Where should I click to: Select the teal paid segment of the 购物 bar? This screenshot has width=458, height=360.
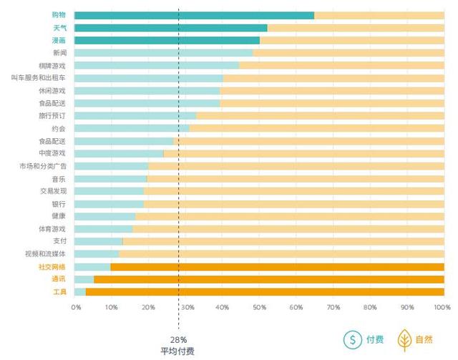coord(194,15)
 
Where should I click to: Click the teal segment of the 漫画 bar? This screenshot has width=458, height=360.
coord(167,40)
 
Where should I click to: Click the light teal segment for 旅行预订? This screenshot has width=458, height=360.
coord(135,115)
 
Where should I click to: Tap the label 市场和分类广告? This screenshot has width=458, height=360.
coord(44,166)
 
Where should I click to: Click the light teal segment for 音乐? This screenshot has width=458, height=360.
coord(110,178)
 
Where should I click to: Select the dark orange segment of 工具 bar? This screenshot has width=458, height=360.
coord(265,292)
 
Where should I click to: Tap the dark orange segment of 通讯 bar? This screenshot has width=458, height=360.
coord(268,279)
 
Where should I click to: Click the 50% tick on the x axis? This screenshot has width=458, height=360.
coord(258,307)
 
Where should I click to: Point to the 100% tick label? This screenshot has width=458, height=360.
coord(442,307)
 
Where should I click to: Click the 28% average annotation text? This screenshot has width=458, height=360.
coord(178,339)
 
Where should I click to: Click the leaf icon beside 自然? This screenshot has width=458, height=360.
coord(404,340)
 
